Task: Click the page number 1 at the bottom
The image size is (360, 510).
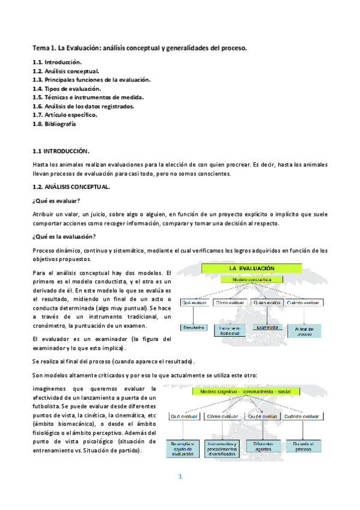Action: point(180,476)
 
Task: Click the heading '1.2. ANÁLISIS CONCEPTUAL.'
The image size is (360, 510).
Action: point(71,187)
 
